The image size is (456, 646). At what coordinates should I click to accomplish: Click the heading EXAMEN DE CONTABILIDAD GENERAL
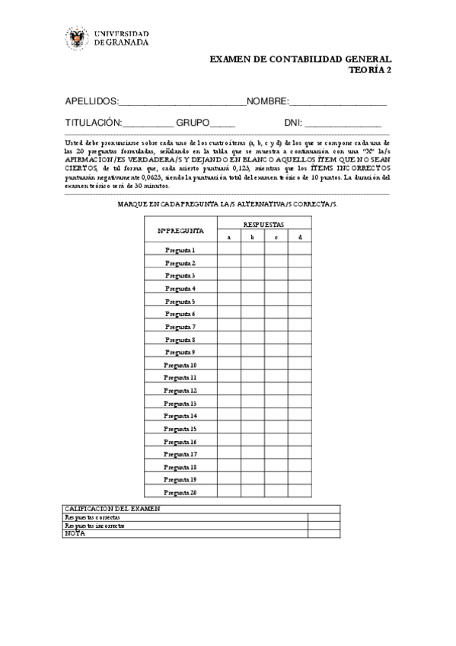(x=300, y=59)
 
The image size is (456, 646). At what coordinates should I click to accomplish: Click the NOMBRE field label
(x=266, y=101)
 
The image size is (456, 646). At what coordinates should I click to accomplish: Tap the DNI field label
(x=293, y=123)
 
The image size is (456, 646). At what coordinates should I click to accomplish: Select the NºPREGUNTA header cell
(x=180, y=230)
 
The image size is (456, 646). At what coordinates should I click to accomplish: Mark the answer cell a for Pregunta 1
(x=228, y=250)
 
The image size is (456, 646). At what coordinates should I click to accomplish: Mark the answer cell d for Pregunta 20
(x=299, y=493)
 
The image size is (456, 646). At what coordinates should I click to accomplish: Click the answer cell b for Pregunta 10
(x=252, y=365)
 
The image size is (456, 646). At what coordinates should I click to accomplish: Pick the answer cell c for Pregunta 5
(x=276, y=301)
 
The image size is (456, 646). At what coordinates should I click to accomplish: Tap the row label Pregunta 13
(x=180, y=403)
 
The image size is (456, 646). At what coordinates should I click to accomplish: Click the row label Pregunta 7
(x=180, y=326)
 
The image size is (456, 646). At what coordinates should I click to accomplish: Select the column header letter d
(x=299, y=237)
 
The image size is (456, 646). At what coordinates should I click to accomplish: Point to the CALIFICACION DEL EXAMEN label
(x=112, y=508)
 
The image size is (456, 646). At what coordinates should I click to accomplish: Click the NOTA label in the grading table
(x=75, y=533)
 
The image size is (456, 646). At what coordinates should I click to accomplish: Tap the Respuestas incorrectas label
(x=94, y=525)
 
